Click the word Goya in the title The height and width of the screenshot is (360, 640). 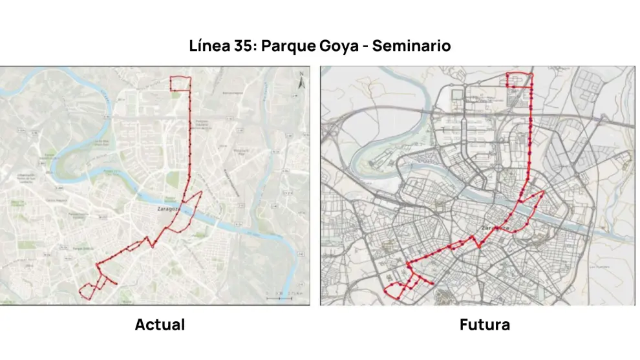pos(339,47)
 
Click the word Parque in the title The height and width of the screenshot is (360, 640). pos(289,47)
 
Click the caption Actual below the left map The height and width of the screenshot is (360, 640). pos(160,324)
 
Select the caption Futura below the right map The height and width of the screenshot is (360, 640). pos(484,324)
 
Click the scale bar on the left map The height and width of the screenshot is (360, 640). pos(279,298)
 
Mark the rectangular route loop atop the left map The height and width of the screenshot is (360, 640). pos(180,84)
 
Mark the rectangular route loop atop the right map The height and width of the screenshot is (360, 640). pos(519,79)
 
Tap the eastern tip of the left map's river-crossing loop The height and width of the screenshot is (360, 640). pos(202,193)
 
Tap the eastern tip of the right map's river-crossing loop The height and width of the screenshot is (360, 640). pos(543,193)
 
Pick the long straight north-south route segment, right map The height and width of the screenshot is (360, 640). pos(530,136)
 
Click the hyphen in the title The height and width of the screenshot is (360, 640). pos(367,47)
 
